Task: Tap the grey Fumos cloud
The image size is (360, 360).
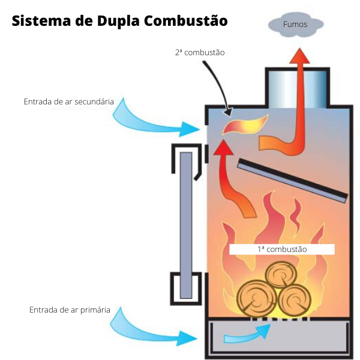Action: pos(295,25)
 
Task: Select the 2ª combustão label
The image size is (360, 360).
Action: pos(200,53)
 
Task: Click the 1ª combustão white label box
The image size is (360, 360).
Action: pos(281,248)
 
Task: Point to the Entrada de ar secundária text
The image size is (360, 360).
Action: pos(68,102)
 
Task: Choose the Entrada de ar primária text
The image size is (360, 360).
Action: pos(70,310)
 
